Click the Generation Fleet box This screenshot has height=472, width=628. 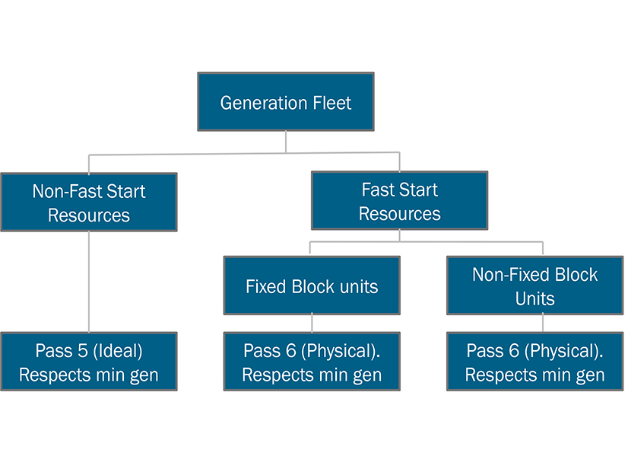[285, 101]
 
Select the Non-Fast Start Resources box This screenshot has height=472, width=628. [89, 202]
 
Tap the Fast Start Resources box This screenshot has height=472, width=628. [399, 201]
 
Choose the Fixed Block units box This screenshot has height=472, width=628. [311, 285]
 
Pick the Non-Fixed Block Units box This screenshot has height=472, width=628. [534, 285]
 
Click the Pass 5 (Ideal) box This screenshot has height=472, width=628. [89, 362]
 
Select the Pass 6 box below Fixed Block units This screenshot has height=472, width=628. [311, 362]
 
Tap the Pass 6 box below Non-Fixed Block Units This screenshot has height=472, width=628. [534, 362]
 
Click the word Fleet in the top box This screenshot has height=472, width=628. [330, 103]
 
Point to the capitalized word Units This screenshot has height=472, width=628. [534, 298]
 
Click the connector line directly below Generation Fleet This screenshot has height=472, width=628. [286, 142]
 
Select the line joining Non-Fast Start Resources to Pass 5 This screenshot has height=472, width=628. [89, 282]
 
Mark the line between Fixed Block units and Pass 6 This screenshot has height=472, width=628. [312, 323]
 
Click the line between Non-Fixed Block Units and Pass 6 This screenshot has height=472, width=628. [543, 323]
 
